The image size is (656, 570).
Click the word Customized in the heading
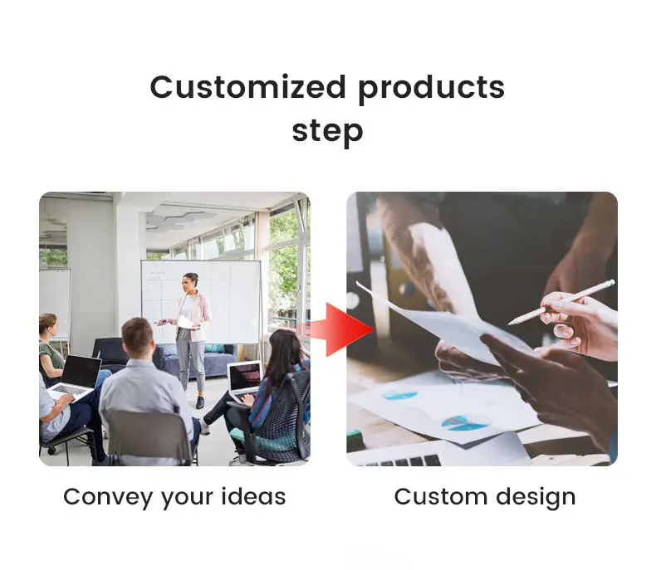pyautogui.click(x=247, y=87)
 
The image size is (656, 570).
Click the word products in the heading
pyautogui.click(x=432, y=90)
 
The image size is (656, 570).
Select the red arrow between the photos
pyautogui.click(x=342, y=329)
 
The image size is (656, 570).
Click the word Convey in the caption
pyautogui.click(x=109, y=498)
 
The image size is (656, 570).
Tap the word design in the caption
pyautogui.click(x=536, y=498)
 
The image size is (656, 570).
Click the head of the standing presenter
pyautogui.click(x=191, y=282)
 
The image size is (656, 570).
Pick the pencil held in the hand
pyautogui.click(x=561, y=303)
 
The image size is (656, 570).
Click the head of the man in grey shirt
pyautogui.click(x=137, y=336)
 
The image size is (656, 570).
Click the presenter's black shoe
pyautogui.click(x=200, y=402)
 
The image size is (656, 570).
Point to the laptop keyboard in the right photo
pyautogui.click(x=398, y=461)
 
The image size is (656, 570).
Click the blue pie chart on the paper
pyautogui.click(x=464, y=423)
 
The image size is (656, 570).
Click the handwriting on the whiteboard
pyautogui.click(x=157, y=275)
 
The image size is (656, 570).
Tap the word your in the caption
pyautogui.click(x=188, y=499)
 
